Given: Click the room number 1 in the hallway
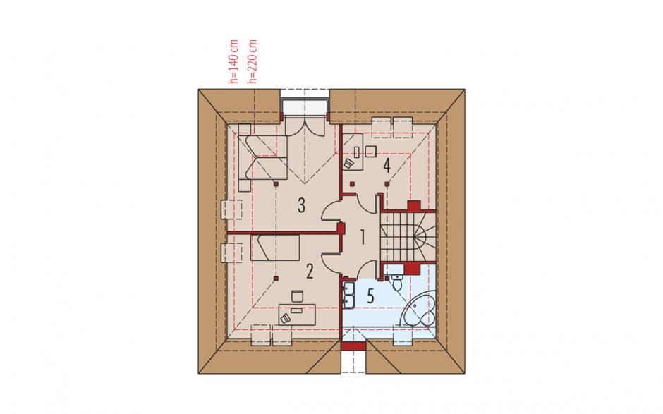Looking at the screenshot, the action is [363, 237].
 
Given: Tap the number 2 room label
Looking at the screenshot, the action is [310, 272].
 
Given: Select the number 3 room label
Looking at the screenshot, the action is [301, 205].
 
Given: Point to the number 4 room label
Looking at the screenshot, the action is [387, 166].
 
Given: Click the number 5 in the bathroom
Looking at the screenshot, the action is [370, 296].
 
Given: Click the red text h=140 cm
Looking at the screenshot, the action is [233, 61].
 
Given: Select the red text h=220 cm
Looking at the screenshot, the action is [253, 61].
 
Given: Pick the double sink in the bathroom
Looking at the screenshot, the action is [349, 294].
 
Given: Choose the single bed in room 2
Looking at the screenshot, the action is [275, 248].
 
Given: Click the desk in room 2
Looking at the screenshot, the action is [298, 314].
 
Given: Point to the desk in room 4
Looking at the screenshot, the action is [353, 152].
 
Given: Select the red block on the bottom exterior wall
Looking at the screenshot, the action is [353, 346].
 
